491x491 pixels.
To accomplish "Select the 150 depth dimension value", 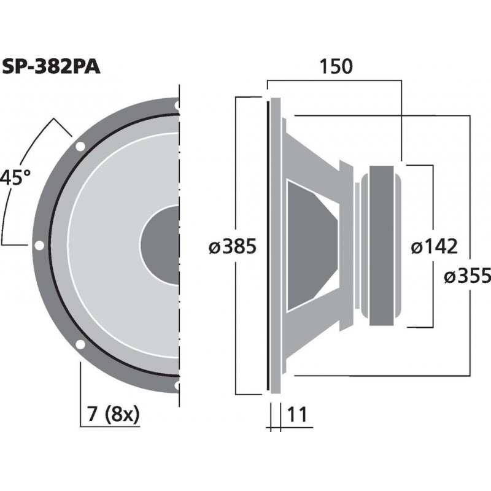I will [x=335, y=66].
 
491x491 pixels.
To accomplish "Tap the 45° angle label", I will [x=15, y=178].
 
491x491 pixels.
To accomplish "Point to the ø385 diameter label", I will [x=231, y=247].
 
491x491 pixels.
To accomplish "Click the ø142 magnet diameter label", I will [x=434, y=247].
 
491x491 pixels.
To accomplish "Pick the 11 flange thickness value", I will [x=296, y=415].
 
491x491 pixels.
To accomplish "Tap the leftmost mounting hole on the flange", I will [x=39, y=245].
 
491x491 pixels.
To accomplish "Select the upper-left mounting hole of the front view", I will [x=80, y=147].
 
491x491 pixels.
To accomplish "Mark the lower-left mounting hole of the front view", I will [x=80, y=344].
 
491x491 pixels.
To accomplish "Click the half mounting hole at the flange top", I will [x=177, y=106].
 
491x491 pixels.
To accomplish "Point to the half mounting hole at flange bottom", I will [x=177, y=385].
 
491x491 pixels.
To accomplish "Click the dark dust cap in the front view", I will [x=161, y=245].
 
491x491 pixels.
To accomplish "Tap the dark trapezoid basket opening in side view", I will [x=310, y=245].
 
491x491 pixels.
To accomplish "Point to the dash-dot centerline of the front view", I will [x=180, y=184].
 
